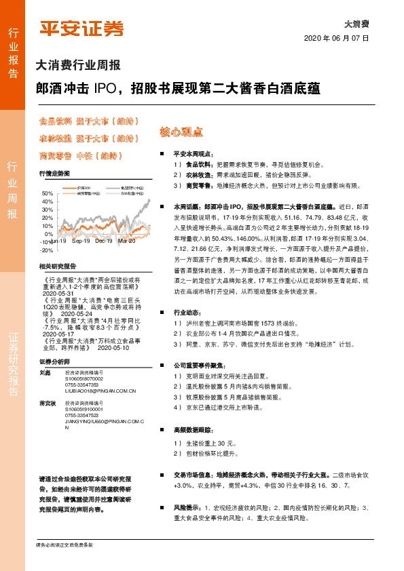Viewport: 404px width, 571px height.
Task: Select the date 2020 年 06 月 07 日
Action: click(335, 39)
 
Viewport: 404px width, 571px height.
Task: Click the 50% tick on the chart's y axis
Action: click(48, 193)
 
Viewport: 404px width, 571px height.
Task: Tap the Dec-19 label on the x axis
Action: click(104, 240)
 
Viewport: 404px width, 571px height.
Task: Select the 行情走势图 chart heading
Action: click(54, 174)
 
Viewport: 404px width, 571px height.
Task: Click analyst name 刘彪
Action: click(46, 372)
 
